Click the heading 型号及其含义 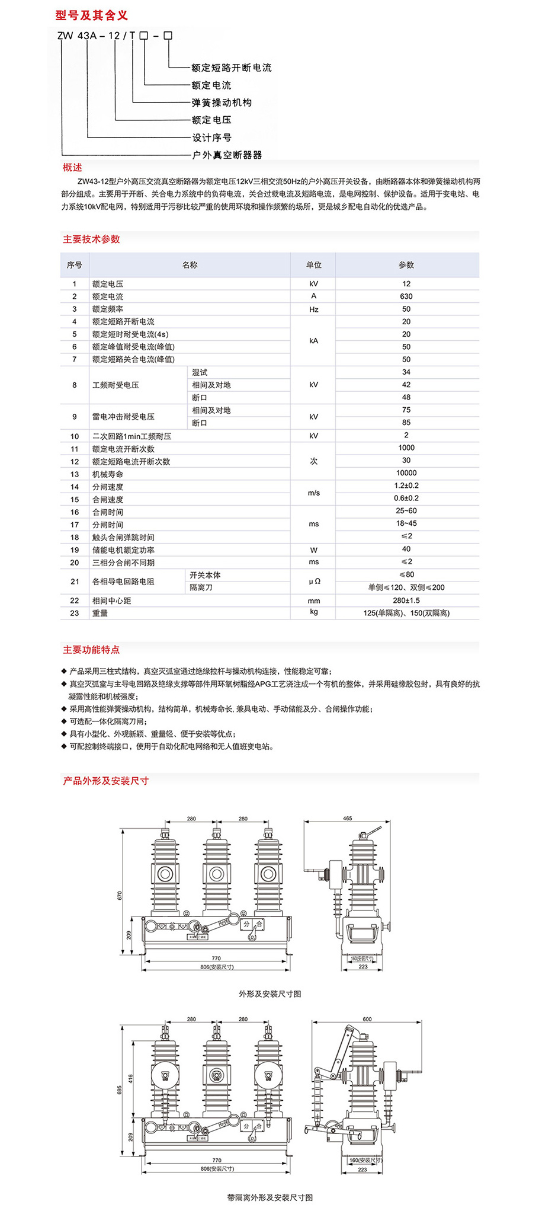91,15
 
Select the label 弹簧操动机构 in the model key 222,103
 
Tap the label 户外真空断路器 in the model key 227,155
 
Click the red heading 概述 73,168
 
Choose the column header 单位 313,265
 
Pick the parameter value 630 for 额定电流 406,296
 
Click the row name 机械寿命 108,474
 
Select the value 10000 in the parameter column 406,473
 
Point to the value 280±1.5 406,600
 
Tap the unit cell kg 313,612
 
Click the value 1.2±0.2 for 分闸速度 406,485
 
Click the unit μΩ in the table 314,582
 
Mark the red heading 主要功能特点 91,650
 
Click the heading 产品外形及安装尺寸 105,781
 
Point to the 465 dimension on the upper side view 347,818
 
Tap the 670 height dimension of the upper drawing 120,895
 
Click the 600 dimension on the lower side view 367,1019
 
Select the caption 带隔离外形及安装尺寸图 269,1197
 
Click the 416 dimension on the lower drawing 131,1079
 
